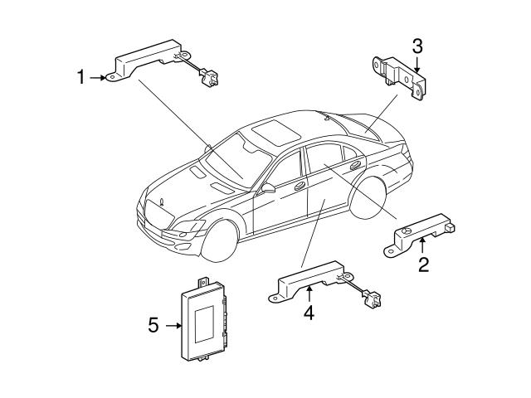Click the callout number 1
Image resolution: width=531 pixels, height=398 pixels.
pyautogui.click(x=81, y=78)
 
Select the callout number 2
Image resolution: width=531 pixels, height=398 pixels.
pyautogui.click(x=423, y=265)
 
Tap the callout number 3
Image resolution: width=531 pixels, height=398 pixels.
pyautogui.click(x=417, y=45)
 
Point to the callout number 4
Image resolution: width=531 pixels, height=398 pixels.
pyautogui.click(x=309, y=313)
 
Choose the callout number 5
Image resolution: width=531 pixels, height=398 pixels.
pyautogui.click(x=153, y=326)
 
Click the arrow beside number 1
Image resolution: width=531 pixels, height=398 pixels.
pyautogui.click(x=101, y=78)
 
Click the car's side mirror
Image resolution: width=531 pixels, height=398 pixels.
pyautogui.click(x=267, y=189)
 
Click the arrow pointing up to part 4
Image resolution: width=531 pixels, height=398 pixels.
pyautogui.click(x=309, y=293)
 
